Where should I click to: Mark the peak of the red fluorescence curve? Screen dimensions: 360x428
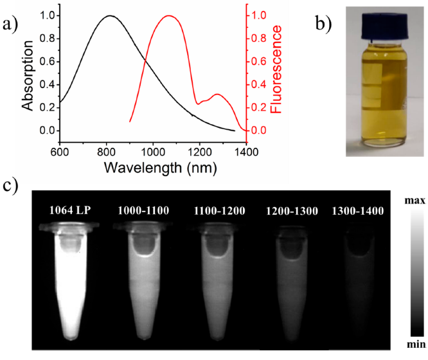[170, 15]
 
